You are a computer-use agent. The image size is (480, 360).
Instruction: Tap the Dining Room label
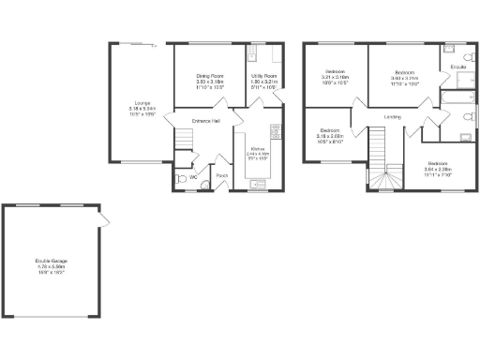pos(209,76)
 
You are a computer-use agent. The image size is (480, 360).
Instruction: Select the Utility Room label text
pos(264,76)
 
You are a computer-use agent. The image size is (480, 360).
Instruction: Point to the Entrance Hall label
pos(206,121)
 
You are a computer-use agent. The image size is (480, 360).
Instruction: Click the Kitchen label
pos(258,148)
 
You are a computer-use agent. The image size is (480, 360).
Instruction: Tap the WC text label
pos(193,175)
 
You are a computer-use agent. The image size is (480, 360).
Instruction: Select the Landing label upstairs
pos(393,117)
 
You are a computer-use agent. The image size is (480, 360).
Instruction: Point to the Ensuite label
pos(458,67)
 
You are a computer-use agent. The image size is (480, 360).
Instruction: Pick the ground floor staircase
pos(185,142)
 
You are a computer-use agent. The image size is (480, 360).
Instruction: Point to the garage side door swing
pos(105,219)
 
